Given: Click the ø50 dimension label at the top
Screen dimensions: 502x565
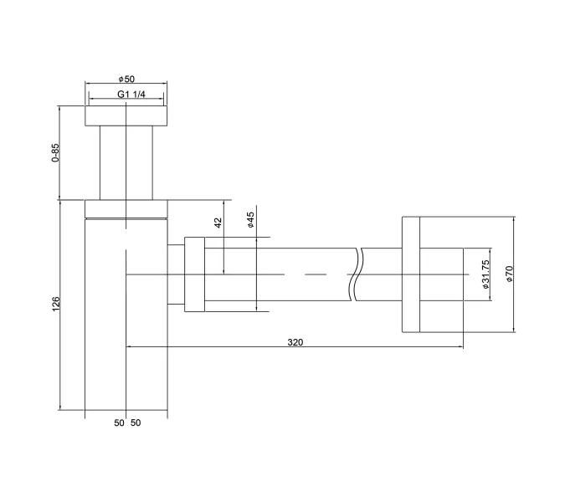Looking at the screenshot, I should coord(126,79).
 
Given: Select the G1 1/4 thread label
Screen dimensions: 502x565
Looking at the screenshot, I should coord(131,95).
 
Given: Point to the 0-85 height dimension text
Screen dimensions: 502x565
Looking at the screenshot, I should coord(55,153).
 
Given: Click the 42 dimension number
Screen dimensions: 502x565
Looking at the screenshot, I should coord(218,223).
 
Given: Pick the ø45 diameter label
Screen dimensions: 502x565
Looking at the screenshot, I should coord(250,220).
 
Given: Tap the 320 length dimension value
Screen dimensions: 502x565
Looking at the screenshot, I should coord(295,341).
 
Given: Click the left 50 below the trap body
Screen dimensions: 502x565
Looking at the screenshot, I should coord(118,423).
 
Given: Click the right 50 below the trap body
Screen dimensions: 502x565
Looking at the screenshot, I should coord(136,423).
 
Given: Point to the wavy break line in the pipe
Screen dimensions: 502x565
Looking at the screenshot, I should coord(358,274).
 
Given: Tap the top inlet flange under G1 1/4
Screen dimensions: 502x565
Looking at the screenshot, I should coord(126,115).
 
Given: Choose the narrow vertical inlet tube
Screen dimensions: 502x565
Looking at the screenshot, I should coord(126,163).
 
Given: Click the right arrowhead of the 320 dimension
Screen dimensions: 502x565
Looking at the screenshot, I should coord(462,346).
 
